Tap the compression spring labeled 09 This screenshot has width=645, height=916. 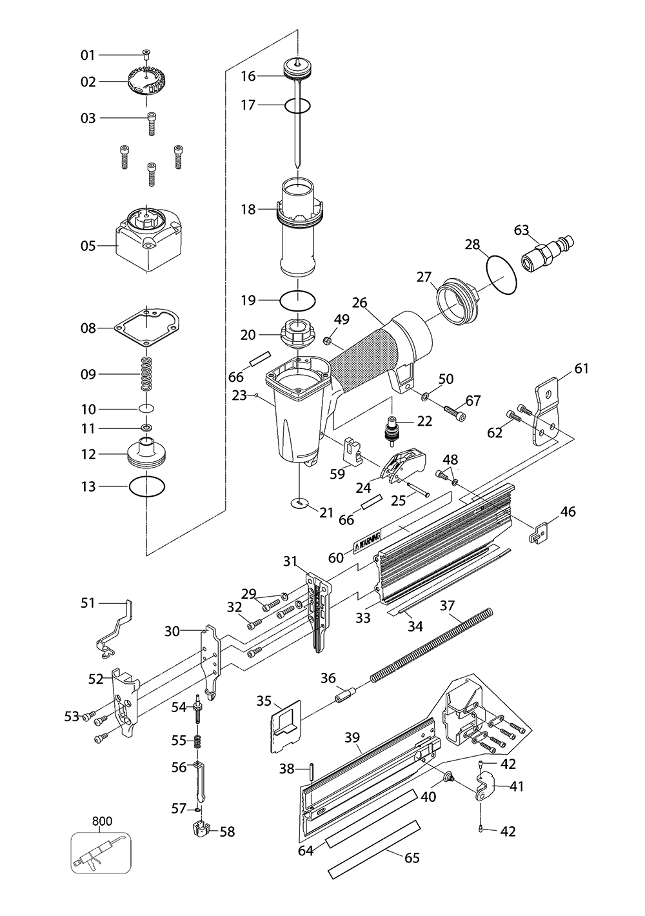pos(147,373)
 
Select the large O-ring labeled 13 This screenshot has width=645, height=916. pos(147,486)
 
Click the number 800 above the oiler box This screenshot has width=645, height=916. pos(102,821)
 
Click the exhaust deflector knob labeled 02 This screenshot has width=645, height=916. pos(148,81)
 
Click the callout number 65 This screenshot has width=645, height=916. pos(412,857)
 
